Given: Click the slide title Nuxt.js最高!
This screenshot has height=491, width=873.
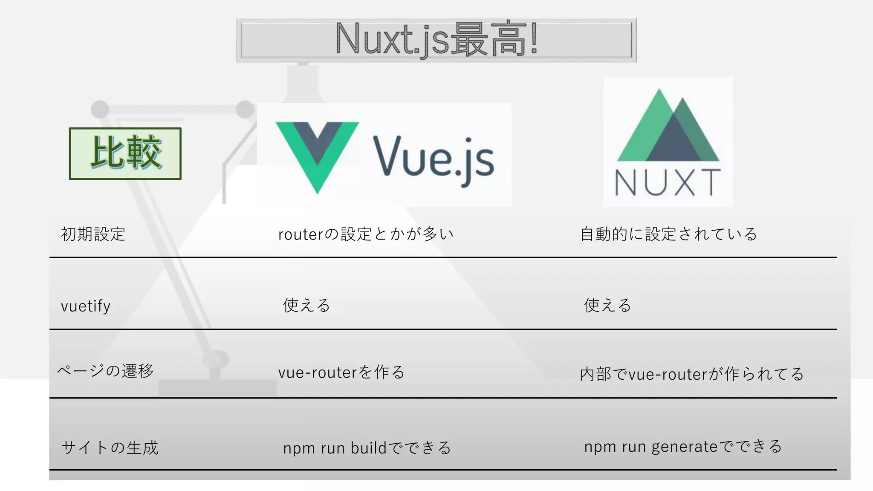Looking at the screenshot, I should [x=436, y=40].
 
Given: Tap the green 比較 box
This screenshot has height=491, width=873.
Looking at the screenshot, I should [x=125, y=153].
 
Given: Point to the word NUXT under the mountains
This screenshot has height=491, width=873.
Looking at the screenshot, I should [x=668, y=182].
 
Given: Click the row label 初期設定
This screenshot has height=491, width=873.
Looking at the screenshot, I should [x=93, y=234].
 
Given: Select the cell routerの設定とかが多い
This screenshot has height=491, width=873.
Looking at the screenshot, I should [x=366, y=234].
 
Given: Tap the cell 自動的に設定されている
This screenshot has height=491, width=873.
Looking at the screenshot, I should [x=668, y=234].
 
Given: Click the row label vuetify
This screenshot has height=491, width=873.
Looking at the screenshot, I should [x=86, y=306].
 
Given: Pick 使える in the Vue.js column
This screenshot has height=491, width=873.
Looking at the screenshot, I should [x=306, y=305].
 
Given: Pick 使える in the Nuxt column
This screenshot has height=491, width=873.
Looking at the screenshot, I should [x=607, y=305].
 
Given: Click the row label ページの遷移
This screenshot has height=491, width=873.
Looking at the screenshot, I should [x=105, y=370].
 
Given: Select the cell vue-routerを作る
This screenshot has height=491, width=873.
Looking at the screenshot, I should [x=341, y=372].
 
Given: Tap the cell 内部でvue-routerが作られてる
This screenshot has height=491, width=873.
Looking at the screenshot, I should [x=691, y=374].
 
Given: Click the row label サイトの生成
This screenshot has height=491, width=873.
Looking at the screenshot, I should [x=110, y=448].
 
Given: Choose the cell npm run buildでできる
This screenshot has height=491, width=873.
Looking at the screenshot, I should [x=367, y=448].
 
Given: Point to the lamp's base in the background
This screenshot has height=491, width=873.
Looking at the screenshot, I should [x=217, y=387].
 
